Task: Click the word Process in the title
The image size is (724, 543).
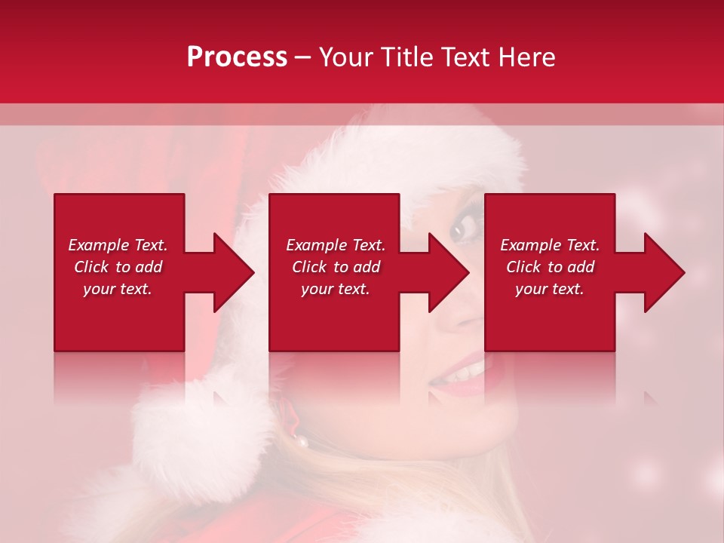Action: tap(237, 57)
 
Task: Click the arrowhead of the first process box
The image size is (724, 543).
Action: tap(235, 272)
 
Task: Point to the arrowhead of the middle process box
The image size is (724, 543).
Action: tap(449, 272)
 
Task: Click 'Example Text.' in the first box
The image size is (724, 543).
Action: tap(118, 245)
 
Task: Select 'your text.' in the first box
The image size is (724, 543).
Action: tap(118, 289)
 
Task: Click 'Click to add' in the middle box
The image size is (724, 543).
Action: tap(336, 267)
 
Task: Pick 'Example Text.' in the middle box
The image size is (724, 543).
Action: tap(336, 245)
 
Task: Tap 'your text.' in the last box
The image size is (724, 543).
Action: tap(550, 289)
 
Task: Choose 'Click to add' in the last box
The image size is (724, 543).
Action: tap(550, 267)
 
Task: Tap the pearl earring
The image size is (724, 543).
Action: tap(302, 442)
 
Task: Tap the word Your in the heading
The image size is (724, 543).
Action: tap(348, 57)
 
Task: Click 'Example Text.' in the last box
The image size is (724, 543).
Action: tap(550, 245)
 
